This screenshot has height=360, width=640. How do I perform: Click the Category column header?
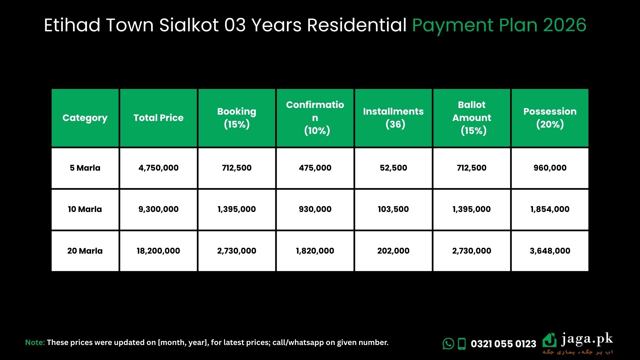(85, 118)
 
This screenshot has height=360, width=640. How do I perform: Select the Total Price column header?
(158, 118)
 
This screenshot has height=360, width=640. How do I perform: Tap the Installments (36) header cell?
(393, 118)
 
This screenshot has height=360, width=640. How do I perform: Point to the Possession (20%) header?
(550, 118)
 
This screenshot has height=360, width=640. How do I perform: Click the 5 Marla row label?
(85, 168)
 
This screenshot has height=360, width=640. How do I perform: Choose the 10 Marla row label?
(85, 209)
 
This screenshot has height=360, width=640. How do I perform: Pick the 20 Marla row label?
(85, 251)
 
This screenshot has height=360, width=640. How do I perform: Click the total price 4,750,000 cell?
(158, 168)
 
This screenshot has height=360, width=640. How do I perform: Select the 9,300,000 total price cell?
(158, 209)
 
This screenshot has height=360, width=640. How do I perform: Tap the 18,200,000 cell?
(158, 251)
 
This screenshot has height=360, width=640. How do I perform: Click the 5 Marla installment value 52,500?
(393, 168)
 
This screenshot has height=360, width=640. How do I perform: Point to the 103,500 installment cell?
(393, 209)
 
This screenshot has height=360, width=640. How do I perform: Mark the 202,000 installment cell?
(393, 251)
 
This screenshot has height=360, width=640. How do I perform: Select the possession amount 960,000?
(550, 168)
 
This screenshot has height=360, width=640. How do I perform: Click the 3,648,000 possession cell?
(550, 251)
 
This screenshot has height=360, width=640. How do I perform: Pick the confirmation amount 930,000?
(315, 209)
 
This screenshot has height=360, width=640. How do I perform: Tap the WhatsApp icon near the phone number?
(448, 344)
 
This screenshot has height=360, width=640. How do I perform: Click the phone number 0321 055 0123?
(503, 344)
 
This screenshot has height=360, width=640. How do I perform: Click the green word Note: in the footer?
(35, 342)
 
